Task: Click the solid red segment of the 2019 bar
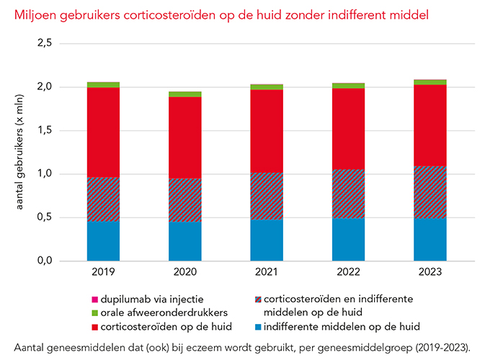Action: tap(103, 132)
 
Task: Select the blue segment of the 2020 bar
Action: tap(185, 240)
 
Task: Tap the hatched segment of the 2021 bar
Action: tap(267, 196)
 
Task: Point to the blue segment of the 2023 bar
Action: tap(430, 239)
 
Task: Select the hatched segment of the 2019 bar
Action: tap(103, 199)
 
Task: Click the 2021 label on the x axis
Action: tap(267, 272)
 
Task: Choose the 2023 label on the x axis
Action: tap(430, 272)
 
